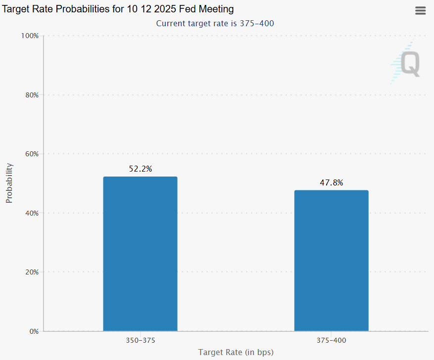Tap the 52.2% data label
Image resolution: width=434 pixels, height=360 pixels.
coord(140,169)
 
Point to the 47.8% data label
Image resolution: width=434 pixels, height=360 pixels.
coord(331,183)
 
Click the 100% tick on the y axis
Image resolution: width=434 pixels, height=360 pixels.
coord(29,36)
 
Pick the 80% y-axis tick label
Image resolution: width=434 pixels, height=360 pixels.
coord(31,95)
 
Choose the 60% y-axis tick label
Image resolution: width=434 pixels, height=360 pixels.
coord(31,154)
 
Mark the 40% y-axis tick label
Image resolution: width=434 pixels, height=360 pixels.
coord(31,213)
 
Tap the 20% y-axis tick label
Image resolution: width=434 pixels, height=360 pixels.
coord(31,272)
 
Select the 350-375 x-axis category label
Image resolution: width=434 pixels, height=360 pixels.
coord(140,341)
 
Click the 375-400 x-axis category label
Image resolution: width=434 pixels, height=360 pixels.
coord(331,341)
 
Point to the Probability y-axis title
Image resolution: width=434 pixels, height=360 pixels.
coord(9,183)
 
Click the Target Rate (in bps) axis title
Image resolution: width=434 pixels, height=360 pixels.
coord(236,352)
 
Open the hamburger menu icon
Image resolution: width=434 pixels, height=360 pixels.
coord(420,11)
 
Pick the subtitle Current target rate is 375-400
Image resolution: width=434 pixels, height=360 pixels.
coord(215,23)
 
